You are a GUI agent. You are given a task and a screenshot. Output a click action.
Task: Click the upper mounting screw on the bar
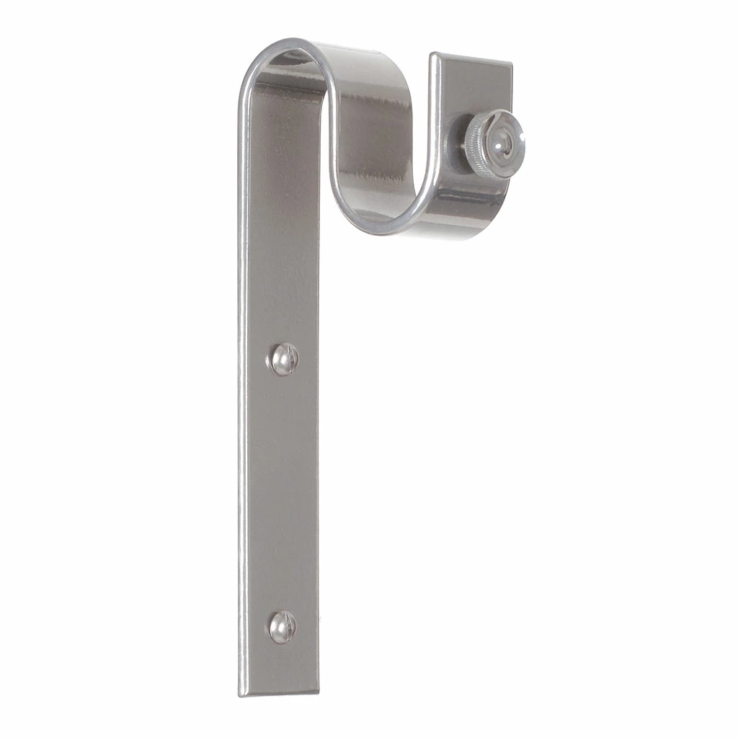284,359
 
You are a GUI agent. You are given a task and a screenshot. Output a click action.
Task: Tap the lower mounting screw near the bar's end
283,626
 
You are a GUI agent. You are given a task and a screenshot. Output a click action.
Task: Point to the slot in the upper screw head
287,357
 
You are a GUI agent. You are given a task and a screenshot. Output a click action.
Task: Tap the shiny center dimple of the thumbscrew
501,140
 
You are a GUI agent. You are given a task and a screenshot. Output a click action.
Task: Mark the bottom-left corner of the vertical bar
241,695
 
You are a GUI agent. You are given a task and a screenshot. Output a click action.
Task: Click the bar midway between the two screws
281,494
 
